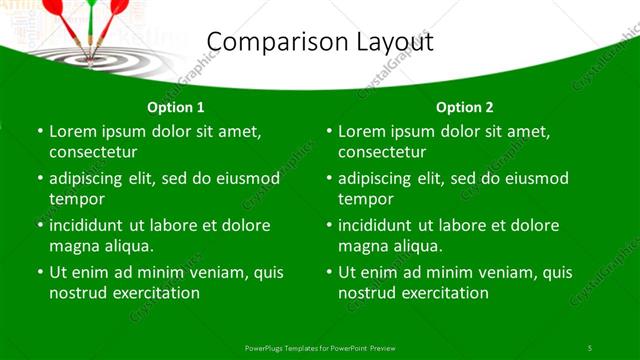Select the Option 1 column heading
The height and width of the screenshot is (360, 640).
click(176, 107)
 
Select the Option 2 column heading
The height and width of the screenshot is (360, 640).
click(465, 107)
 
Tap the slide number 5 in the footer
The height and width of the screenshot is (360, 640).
click(590, 347)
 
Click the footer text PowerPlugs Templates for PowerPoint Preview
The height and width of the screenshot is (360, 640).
click(320, 347)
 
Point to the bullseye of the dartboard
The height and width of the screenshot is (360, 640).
click(91, 56)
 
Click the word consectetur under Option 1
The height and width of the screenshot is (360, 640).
click(93, 152)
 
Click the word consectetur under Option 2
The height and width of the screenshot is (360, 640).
click(382, 152)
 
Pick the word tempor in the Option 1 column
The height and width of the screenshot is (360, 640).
click(75, 198)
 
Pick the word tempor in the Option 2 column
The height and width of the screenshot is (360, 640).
click(364, 198)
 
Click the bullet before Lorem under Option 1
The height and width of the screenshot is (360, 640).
click(39, 132)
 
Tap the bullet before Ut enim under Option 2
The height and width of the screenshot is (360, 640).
click(328, 272)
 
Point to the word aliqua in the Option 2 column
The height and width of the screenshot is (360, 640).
click(419, 245)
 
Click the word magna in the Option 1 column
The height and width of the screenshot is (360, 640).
click(74, 245)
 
